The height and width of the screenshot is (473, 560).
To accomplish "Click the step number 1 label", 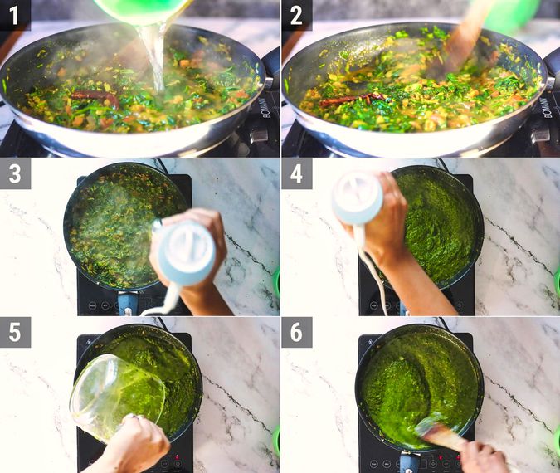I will click(15, 15).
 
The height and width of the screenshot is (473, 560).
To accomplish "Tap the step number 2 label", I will click(296, 15).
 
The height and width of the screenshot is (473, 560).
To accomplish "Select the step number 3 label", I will click(15, 173).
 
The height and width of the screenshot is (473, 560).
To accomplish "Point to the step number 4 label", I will click(296, 173).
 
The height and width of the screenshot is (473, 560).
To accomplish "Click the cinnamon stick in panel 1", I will click(93, 96).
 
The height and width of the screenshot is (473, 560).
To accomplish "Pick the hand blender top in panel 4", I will click(358, 198).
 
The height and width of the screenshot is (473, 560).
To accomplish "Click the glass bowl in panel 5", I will click(116, 386).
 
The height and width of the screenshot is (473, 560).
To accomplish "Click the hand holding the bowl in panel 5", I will click(137, 444).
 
